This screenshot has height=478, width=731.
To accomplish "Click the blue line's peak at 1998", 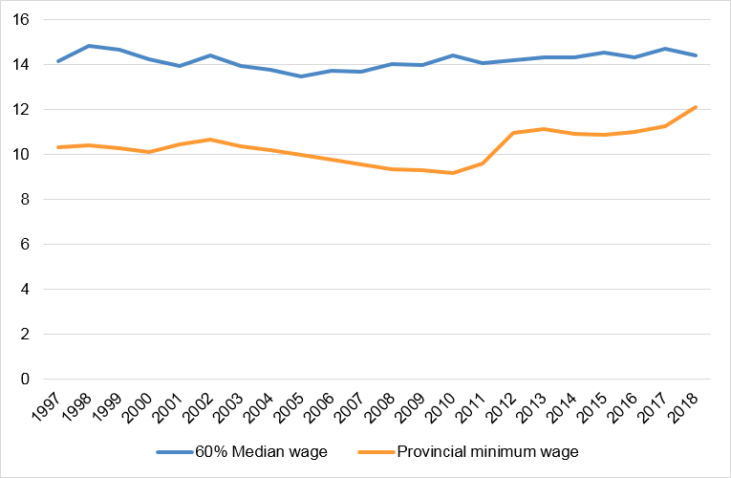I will coord(89,46).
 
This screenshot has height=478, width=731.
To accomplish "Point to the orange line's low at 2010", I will coord(453,173).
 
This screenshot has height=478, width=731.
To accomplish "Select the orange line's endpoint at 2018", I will coord(696,107).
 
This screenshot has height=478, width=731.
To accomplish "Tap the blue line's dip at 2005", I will coord(301,76).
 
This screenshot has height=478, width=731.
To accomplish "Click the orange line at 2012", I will coord(513,133).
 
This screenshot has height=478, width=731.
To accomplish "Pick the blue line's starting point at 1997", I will coord(58,61).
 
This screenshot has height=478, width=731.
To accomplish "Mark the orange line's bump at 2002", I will coord(210,140).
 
